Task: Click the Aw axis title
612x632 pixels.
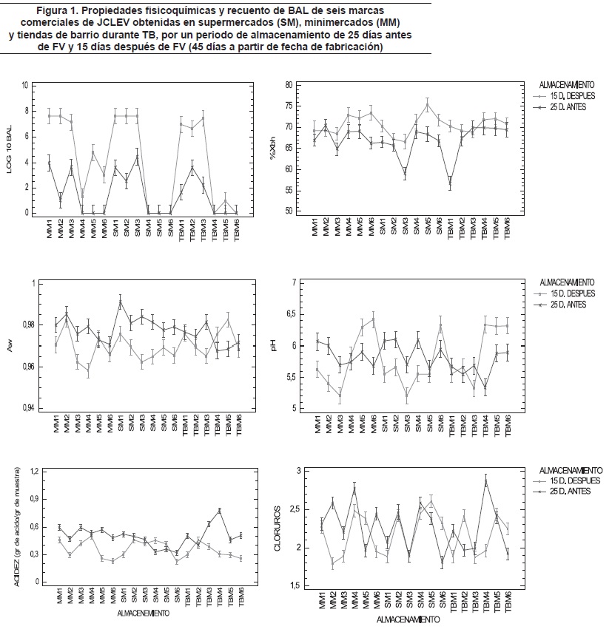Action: click(10, 344)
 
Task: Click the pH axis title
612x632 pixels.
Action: click(273, 344)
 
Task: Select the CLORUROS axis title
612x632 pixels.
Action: click(278, 528)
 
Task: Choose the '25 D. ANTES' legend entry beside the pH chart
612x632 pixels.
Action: click(568, 305)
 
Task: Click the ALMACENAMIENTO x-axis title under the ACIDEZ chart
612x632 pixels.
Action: click(141, 614)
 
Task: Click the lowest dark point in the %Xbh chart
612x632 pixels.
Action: click(451, 185)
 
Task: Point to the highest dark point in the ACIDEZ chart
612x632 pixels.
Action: click(220, 510)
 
